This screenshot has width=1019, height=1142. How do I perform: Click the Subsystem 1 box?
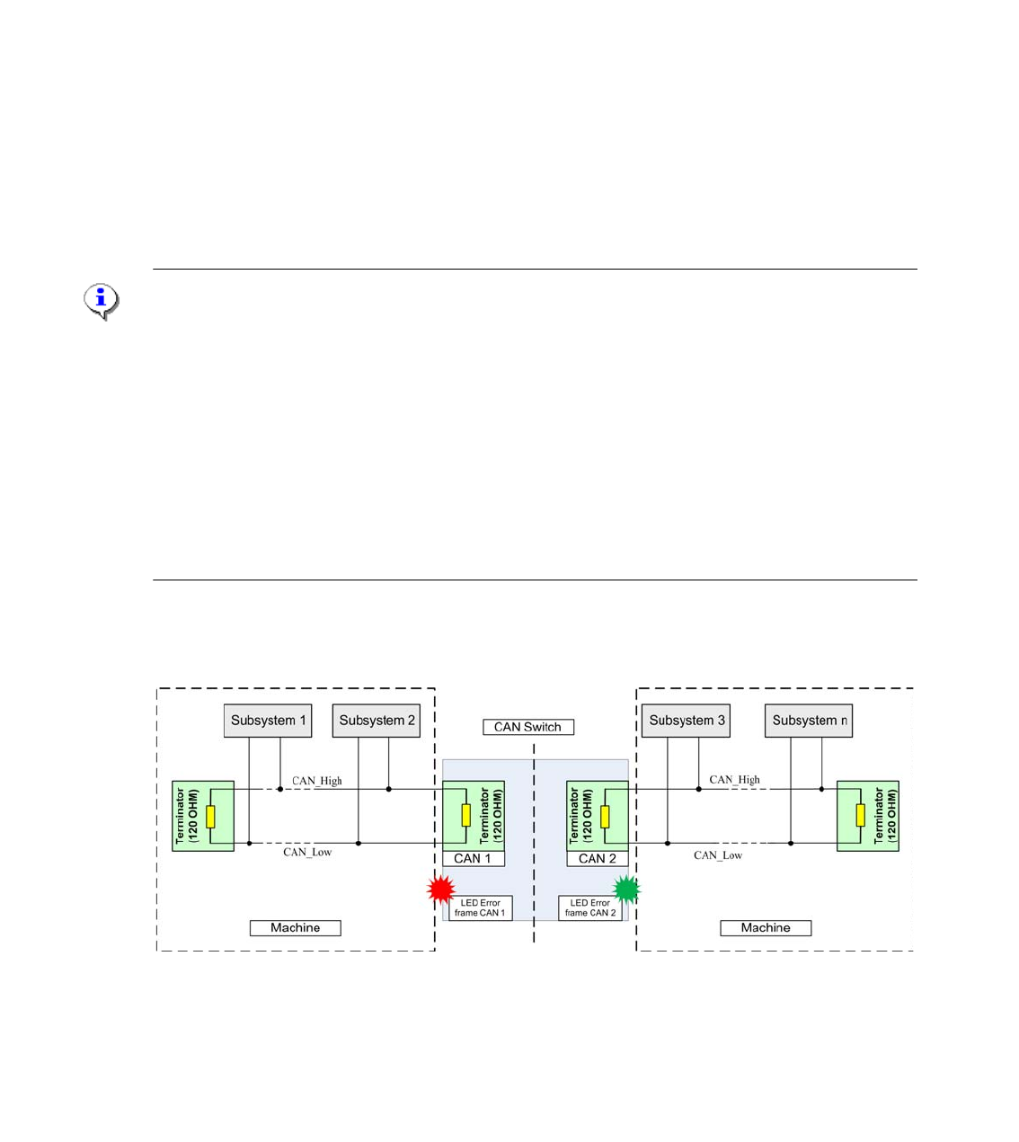pos(268,721)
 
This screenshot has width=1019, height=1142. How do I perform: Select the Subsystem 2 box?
pos(377,721)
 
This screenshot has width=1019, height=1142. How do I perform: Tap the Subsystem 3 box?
pos(687,721)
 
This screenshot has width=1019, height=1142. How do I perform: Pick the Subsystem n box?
pos(809,721)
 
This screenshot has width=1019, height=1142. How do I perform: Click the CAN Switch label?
pos(527,727)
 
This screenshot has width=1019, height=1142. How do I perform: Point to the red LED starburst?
pos(441,890)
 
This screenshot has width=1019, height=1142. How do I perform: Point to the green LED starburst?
pos(626,890)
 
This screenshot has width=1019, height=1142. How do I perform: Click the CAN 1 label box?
pos(473,859)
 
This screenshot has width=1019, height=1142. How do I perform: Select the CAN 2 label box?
pos(598,859)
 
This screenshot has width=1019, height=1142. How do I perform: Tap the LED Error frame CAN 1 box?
pos(480,908)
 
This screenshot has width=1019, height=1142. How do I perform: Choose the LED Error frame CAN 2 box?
pos(590,908)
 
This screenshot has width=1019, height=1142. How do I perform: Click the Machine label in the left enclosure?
pos(295,928)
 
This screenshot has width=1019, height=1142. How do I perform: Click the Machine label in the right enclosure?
pos(766,928)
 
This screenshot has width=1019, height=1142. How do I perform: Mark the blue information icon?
pos(102,300)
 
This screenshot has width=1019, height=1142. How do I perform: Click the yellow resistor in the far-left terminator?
pos(210,816)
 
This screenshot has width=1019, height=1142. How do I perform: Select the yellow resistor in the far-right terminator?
pos(860,816)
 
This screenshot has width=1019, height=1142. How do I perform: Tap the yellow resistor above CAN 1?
pos(465,816)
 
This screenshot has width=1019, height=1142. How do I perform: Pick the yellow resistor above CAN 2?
pos(605,816)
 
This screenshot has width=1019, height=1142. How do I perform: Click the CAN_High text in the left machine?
pos(317,781)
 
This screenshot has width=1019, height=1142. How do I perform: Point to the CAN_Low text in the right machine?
pos(718,855)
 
